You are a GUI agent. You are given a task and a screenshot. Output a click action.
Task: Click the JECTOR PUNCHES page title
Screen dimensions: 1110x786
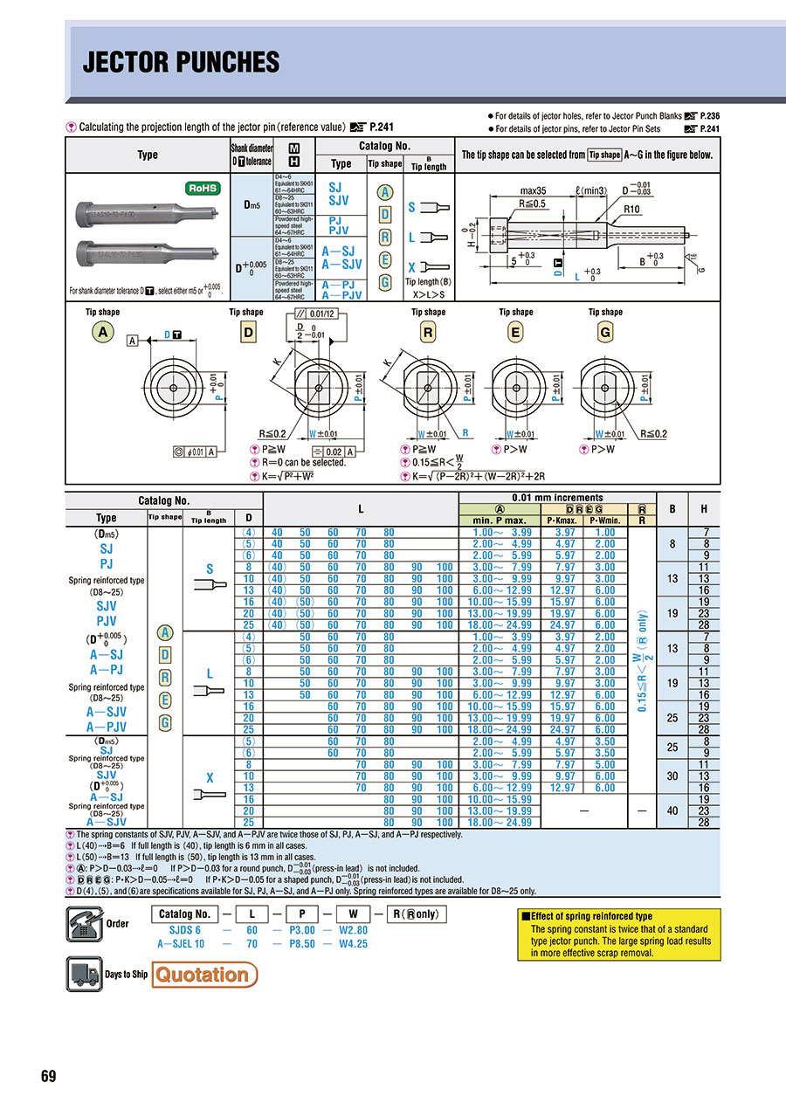coord(181,63)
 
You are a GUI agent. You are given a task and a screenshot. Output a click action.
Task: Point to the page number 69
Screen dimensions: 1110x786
coord(48,1076)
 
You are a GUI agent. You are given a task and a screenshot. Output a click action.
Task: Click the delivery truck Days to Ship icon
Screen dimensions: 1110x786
coord(84,974)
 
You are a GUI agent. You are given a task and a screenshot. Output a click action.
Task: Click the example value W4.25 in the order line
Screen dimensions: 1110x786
coord(353,944)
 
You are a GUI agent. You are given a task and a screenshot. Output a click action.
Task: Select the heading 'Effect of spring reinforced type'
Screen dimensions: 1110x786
coord(587,916)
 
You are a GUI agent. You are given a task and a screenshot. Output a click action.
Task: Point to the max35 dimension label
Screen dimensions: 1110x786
coord(534,190)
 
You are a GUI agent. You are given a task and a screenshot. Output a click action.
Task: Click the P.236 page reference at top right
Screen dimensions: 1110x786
coord(708,115)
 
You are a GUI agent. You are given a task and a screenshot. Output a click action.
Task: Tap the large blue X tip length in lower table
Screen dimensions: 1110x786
coord(210,776)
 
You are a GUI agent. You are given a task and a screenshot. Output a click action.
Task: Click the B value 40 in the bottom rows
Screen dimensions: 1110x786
coord(672,810)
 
